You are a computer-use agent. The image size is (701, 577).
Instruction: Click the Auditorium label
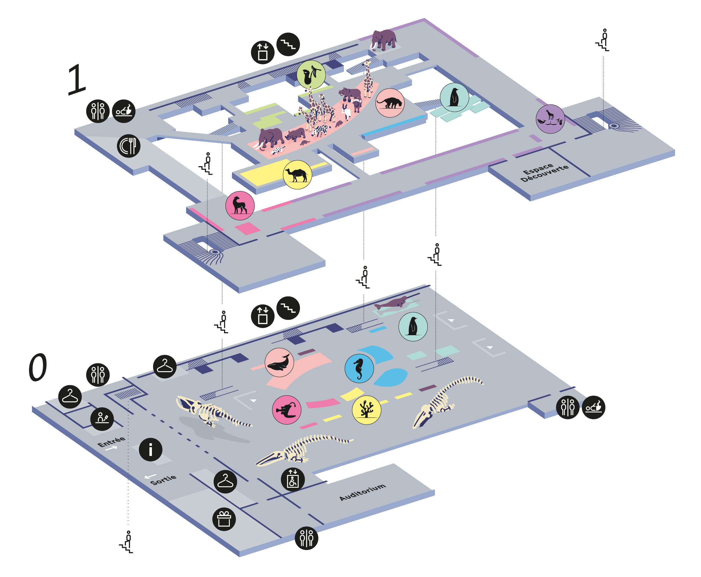click(x=362, y=492)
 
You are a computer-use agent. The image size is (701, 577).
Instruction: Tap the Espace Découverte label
click(x=544, y=172)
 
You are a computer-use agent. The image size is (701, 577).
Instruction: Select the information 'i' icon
click(x=151, y=449)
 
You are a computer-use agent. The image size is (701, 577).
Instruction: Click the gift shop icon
click(x=224, y=519)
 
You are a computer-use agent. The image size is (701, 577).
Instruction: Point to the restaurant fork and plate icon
click(x=129, y=146)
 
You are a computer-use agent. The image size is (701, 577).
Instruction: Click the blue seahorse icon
click(x=359, y=368)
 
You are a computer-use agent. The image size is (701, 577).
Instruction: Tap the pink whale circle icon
click(x=279, y=362)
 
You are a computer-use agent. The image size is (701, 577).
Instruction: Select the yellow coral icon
click(x=367, y=410)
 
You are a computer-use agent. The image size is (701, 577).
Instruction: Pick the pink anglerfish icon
click(x=286, y=410)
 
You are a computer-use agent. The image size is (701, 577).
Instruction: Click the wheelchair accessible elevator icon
click(x=292, y=479)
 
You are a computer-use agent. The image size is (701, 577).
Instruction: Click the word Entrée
click(x=111, y=442)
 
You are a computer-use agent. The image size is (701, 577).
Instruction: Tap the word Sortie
click(x=163, y=480)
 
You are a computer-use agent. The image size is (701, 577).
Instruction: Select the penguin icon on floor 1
click(x=454, y=97)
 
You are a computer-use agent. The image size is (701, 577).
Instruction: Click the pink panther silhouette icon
click(x=390, y=103)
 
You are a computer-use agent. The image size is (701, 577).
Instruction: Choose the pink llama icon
click(x=240, y=205)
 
